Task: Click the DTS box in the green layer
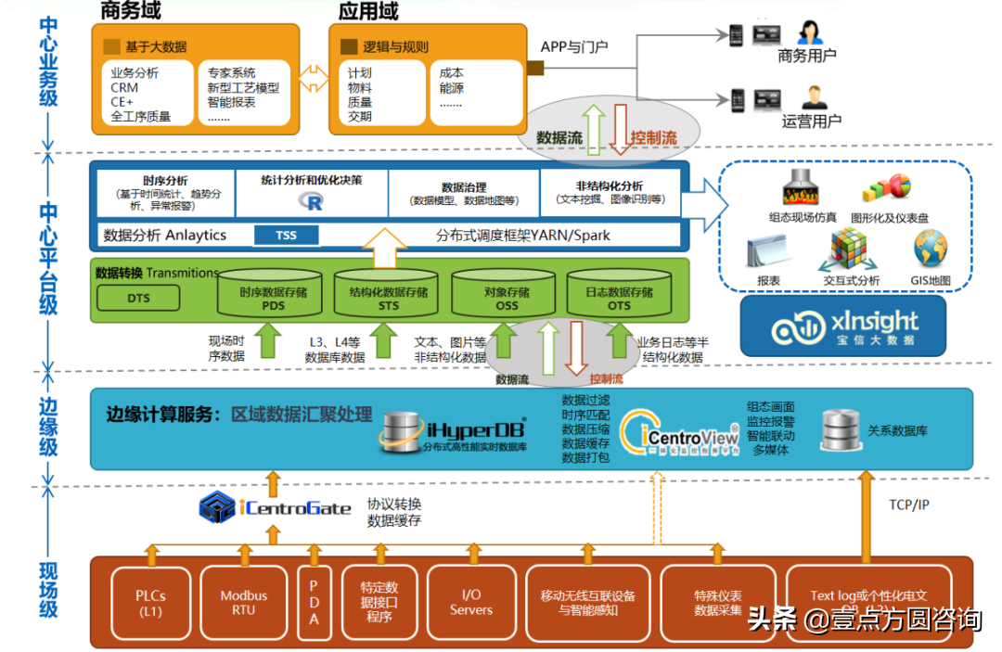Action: coord(139,299)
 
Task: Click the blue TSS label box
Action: coord(286,236)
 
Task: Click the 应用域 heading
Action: coord(368,12)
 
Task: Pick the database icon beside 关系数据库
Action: coord(839,430)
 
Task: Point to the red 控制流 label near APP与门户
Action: coord(653,138)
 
